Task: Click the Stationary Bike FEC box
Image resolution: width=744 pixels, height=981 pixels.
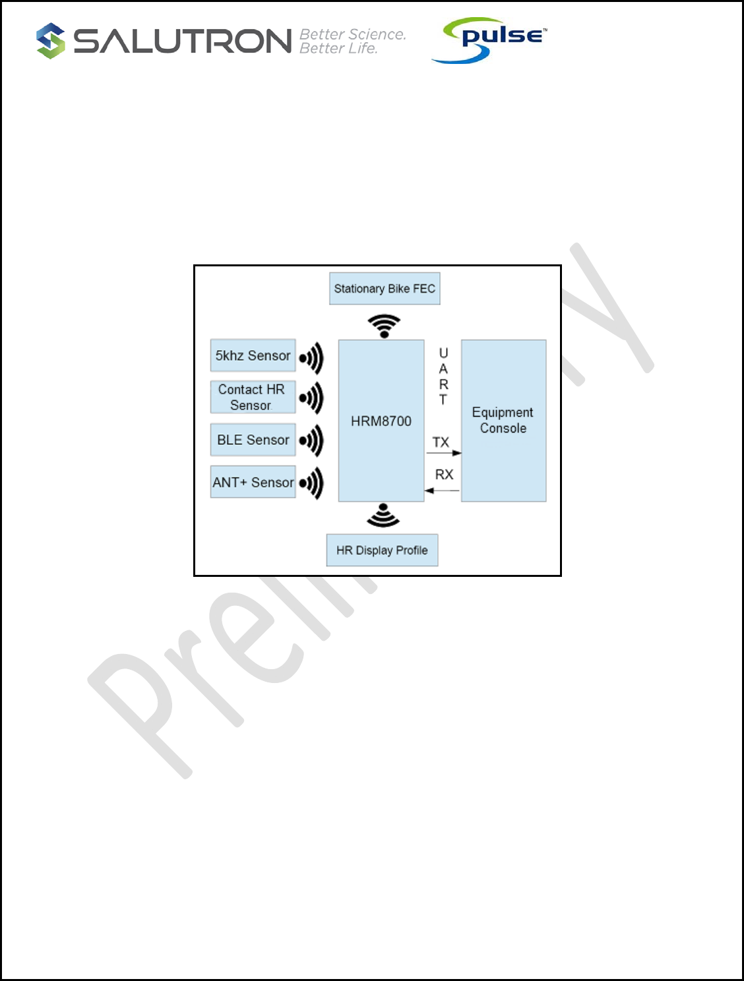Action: click(385, 289)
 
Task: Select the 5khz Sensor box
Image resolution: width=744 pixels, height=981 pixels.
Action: click(253, 356)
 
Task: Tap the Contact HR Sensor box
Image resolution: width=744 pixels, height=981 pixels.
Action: click(253, 398)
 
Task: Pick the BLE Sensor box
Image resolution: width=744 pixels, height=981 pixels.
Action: click(253, 440)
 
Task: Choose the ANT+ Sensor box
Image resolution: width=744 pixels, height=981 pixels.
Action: click(253, 482)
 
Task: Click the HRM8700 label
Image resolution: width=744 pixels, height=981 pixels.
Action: click(381, 421)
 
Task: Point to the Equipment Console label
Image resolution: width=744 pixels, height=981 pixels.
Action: click(503, 421)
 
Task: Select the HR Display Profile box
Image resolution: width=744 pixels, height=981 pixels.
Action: click(382, 550)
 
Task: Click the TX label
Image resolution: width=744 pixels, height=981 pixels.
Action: click(441, 442)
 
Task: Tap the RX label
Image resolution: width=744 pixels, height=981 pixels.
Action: click(444, 475)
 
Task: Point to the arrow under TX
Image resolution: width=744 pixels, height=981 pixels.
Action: click(443, 453)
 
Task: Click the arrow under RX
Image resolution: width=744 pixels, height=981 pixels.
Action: click(442, 490)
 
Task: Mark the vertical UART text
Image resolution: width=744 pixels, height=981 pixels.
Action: click(443, 376)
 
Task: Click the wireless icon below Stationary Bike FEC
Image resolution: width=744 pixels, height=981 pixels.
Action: click(384, 326)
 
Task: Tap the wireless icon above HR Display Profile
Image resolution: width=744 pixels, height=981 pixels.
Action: click(383, 516)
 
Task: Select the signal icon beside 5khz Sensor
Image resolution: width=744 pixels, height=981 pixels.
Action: click(311, 358)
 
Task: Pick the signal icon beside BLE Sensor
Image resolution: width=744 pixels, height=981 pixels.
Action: click(311, 440)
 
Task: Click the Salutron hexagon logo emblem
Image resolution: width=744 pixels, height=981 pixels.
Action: click(51, 41)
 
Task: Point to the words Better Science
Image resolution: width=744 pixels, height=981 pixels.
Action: click(352, 34)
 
